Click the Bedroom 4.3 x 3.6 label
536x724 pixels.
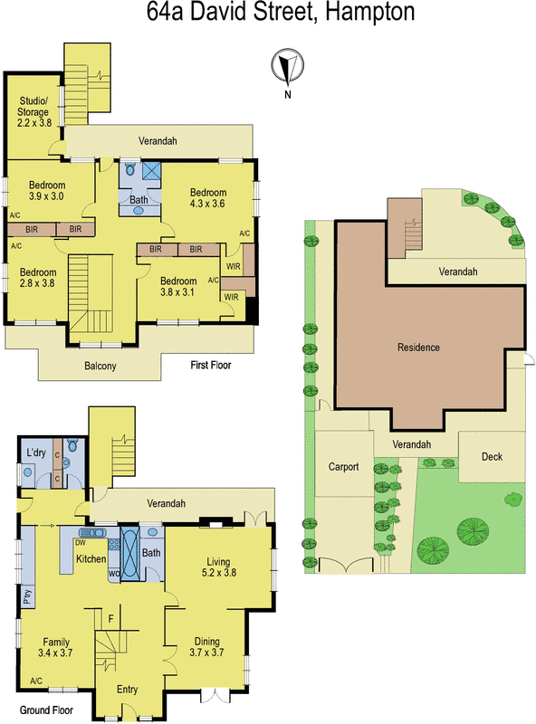207,198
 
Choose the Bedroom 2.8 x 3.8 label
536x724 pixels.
38,278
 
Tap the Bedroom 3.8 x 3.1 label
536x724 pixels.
177,286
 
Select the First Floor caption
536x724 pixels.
211,366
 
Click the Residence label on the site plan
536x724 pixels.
418,348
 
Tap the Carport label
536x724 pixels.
343,467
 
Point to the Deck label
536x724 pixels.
492,457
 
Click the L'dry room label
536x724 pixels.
36,452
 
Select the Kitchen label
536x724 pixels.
91,559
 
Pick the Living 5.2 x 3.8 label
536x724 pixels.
220,567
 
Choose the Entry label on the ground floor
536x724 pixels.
127,690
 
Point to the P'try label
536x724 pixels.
26,597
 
